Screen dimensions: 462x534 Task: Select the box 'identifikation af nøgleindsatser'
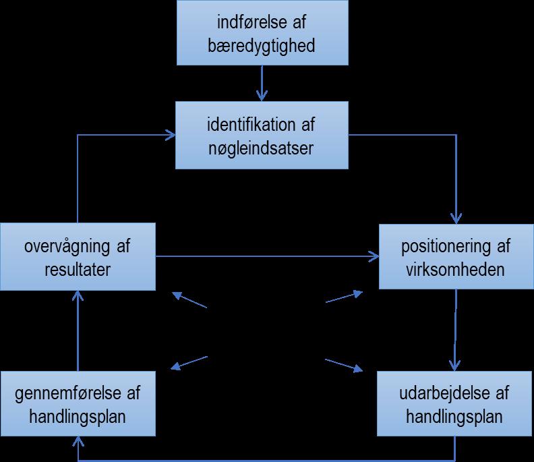[263, 136]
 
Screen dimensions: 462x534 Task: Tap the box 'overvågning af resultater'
[78, 257]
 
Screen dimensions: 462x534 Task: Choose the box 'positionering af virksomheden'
[456, 257]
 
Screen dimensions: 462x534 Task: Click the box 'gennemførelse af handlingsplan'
[78, 404]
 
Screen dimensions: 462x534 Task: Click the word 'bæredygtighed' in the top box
[263, 47]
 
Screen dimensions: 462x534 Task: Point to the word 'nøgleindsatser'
[263, 148]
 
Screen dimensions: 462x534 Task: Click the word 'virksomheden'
[456, 269]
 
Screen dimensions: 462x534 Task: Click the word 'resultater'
[78, 269]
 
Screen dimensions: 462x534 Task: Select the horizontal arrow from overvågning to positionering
[267, 256]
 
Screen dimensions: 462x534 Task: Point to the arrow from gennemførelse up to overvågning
[78, 330]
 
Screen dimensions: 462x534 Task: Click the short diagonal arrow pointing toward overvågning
[189, 300]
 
